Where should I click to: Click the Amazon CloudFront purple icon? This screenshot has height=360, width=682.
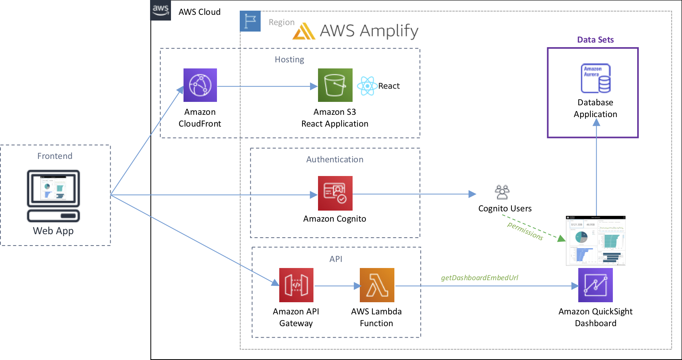tap(200, 85)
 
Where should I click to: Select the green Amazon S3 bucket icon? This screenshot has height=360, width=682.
tap(335, 85)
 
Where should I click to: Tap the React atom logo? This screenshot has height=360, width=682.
tap(367, 86)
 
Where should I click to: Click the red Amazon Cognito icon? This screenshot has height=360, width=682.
tap(335, 193)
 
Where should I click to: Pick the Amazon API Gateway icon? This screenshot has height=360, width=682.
tap(296, 285)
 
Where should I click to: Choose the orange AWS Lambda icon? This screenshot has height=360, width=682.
tap(377, 285)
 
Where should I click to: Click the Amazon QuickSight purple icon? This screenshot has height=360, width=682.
tap(595, 285)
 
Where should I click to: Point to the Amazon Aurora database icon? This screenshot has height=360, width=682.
tap(595, 78)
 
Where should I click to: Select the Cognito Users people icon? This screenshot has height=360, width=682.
tap(502, 192)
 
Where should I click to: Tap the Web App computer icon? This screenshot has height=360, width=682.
tap(54, 196)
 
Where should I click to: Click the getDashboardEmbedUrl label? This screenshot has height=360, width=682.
tap(479, 278)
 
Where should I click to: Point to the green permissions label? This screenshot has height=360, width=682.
tap(525, 231)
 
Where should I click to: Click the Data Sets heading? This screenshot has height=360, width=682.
tap(595, 40)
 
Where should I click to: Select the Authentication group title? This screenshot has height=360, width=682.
tap(335, 160)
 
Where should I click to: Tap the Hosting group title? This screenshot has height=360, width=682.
tap(290, 60)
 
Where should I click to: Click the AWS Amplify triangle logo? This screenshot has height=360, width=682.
tap(304, 32)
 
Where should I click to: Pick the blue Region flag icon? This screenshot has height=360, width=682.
tap(250, 21)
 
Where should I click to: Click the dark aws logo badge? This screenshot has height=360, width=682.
tap(161, 10)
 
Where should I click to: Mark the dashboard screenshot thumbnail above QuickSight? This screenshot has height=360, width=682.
tap(595, 241)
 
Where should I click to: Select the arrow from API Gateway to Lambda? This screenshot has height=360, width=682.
tap(337, 286)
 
